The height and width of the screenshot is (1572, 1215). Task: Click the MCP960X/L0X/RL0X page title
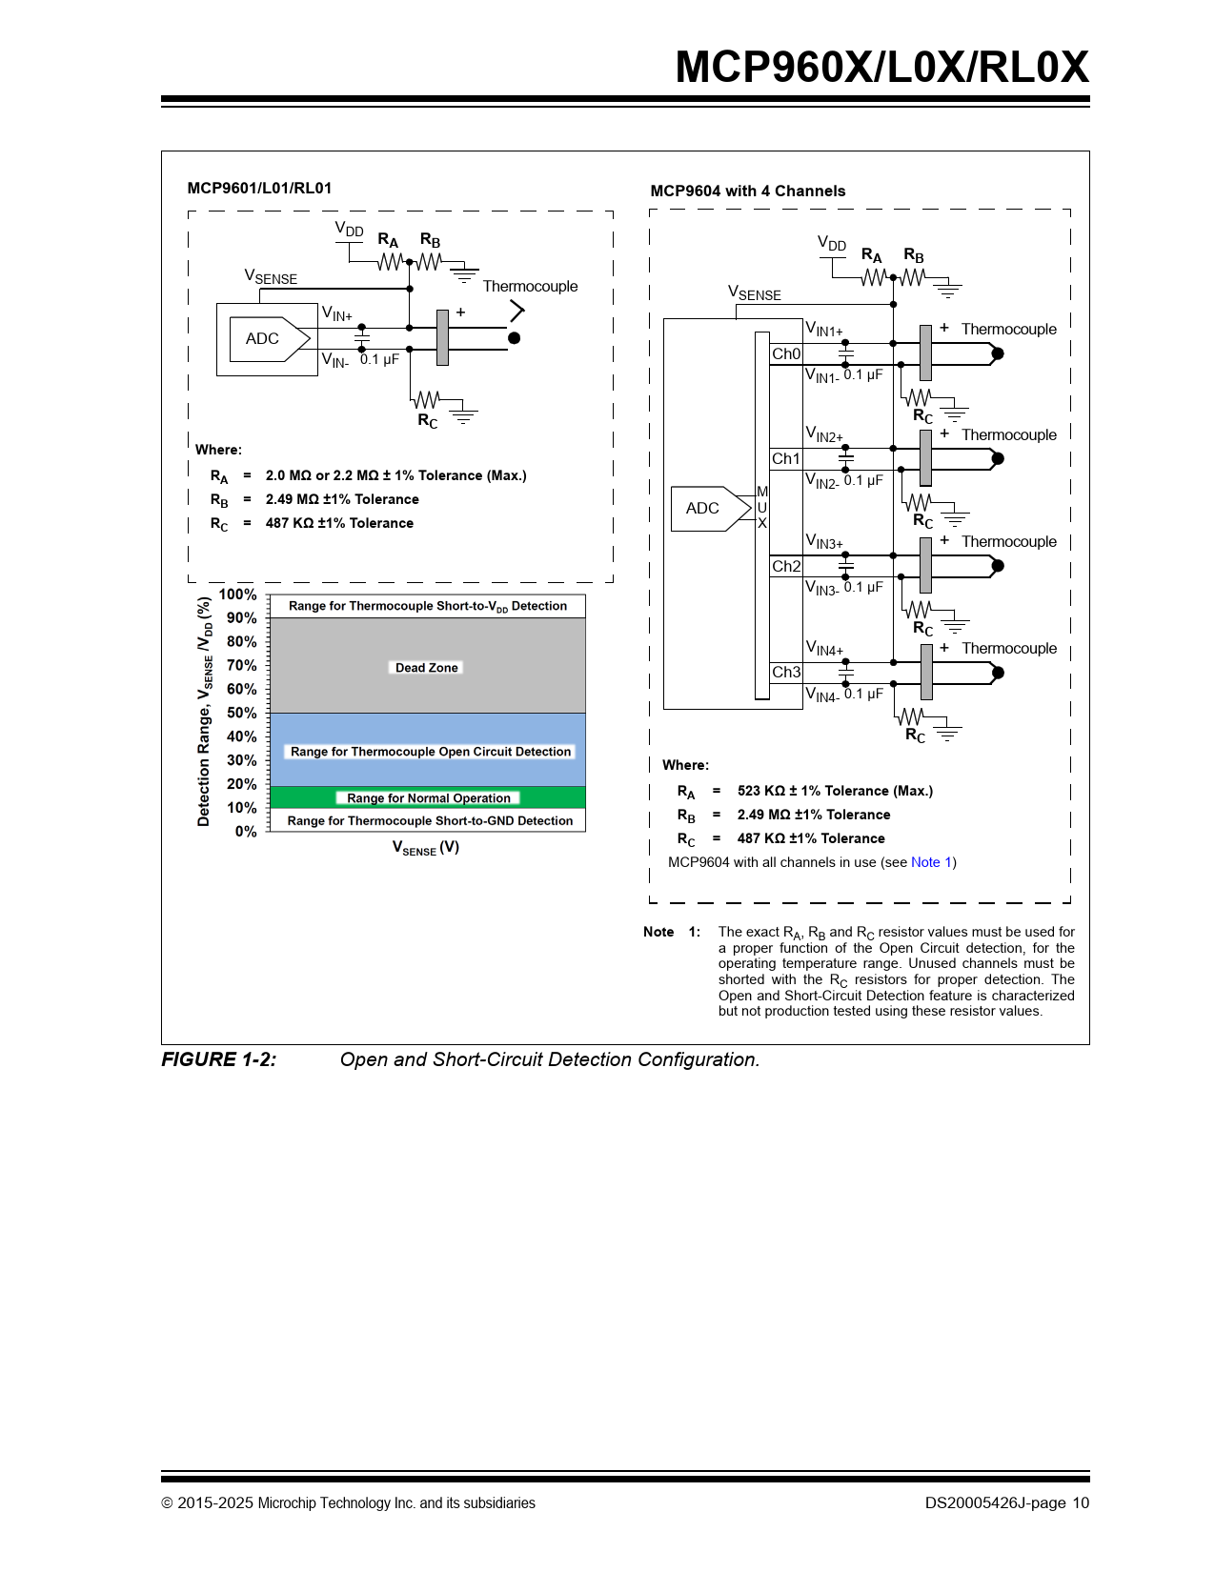click(x=881, y=67)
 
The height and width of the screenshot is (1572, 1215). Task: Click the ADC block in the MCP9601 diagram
click(x=263, y=339)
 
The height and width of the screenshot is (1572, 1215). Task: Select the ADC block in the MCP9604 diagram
click(x=703, y=509)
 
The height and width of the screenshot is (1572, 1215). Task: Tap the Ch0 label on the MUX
click(x=786, y=354)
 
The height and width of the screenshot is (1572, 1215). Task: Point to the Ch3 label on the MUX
click(x=786, y=673)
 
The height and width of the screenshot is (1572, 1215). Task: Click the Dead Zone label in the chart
click(x=427, y=668)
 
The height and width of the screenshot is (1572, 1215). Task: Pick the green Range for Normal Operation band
click(x=428, y=798)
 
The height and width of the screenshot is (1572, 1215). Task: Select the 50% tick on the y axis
click(x=242, y=713)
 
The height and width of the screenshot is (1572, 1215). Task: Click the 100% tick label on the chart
click(x=238, y=595)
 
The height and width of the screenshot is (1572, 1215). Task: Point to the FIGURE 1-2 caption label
click(x=219, y=1059)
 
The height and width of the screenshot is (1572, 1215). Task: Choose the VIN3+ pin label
click(x=824, y=542)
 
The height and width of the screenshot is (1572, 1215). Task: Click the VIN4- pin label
click(x=822, y=695)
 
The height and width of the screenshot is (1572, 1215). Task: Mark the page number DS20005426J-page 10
click(x=1006, y=1503)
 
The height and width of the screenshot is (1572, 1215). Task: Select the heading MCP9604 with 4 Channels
click(x=748, y=191)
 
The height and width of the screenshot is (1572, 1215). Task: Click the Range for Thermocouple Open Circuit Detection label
click(x=431, y=752)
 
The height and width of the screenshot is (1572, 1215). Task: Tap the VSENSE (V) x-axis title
click(x=426, y=848)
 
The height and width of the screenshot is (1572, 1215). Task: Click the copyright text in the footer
click(x=349, y=1503)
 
